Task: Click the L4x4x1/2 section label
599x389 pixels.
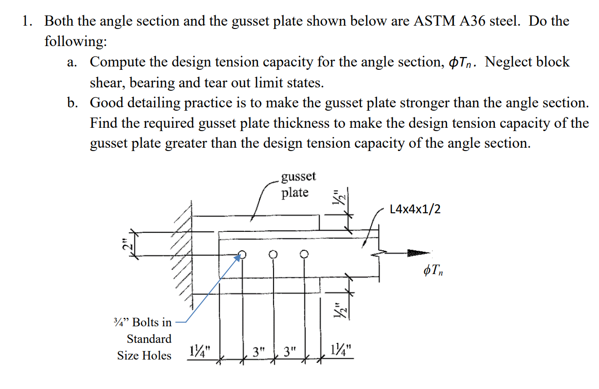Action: [x=415, y=209]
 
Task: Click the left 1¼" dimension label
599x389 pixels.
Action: [x=200, y=351]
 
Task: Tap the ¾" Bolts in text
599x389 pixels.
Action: [x=144, y=322]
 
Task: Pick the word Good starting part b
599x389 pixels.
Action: [x=106, y=103]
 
